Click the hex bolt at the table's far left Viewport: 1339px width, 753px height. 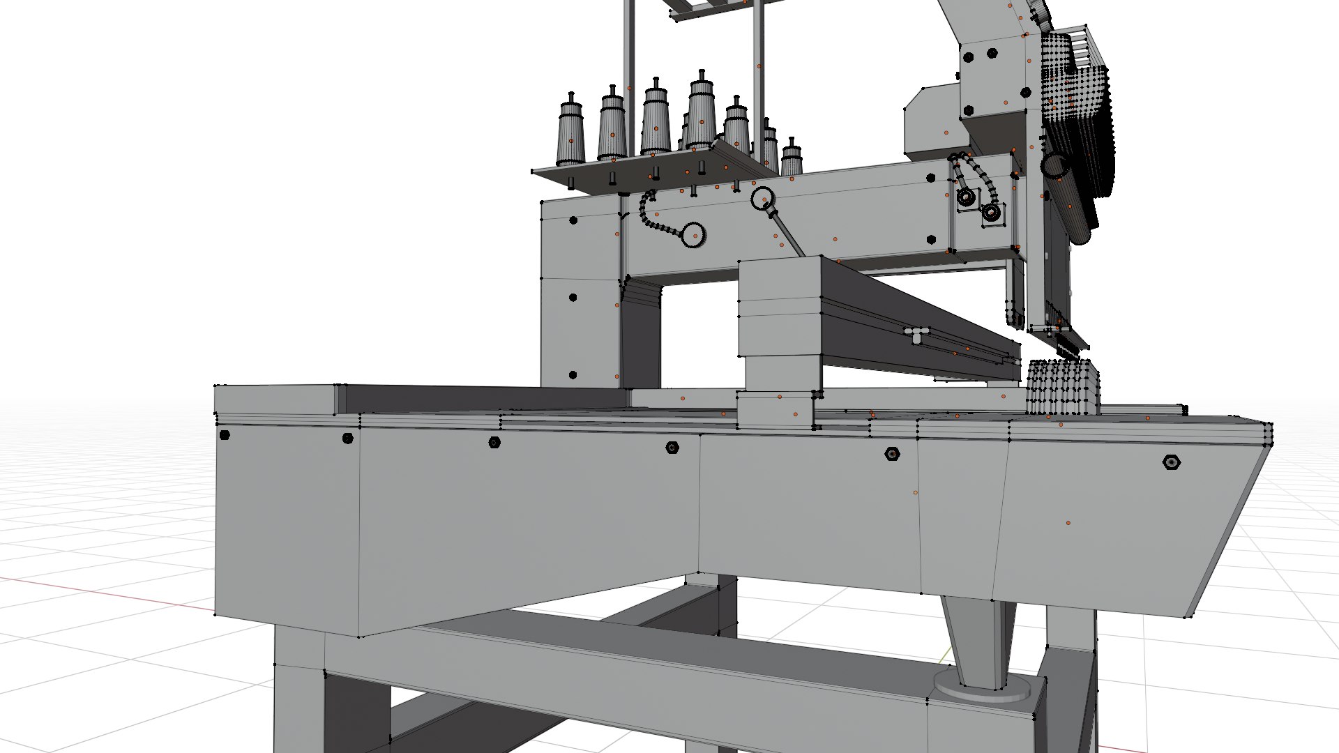[x=225, y=435]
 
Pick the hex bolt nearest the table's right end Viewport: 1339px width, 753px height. [x=1171, y=462]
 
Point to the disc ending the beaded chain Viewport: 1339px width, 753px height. [x=694, y=235]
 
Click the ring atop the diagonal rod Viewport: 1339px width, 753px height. [x=762, y=198]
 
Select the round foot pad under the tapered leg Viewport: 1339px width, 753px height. [x=982, y=687]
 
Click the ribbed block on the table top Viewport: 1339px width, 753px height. [x=1062, y=388]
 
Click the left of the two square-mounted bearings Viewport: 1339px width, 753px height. [x=966, y=197]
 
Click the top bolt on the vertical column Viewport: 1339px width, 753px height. [x=573, y=220]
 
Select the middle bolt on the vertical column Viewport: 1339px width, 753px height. [x=573, y=298]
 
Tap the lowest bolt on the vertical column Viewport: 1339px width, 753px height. [x=573, y=375]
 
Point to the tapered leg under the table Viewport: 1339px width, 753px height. [x=975, y=638]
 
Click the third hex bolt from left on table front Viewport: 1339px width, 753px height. [x=494, y=442]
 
